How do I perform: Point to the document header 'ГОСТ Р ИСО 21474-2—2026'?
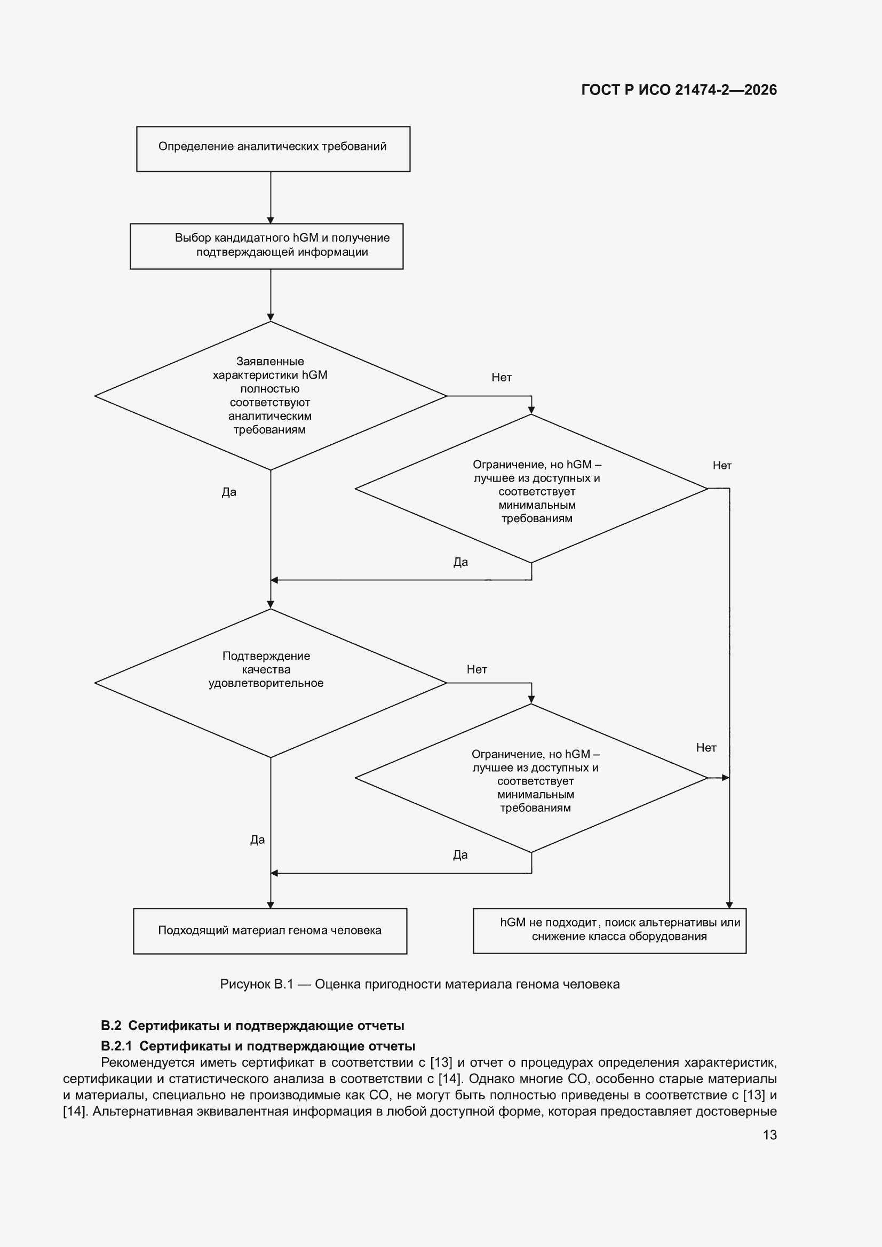coord(679,90)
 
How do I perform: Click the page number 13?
coord(769,1134)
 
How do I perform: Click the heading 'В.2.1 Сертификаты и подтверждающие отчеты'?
coord(258,1046)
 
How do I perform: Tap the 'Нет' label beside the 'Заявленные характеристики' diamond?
coord(502,377)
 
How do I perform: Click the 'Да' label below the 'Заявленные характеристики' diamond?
coord(229,492)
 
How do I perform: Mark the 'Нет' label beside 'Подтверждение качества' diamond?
coord(476,669)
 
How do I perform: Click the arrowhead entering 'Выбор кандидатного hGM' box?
coord(271,219)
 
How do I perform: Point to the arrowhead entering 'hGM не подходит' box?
coord(729,904)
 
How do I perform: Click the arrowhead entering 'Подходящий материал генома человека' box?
coord(271,904)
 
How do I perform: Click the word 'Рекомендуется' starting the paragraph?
coord(148,1063)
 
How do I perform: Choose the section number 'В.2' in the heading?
coord(111,1026)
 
